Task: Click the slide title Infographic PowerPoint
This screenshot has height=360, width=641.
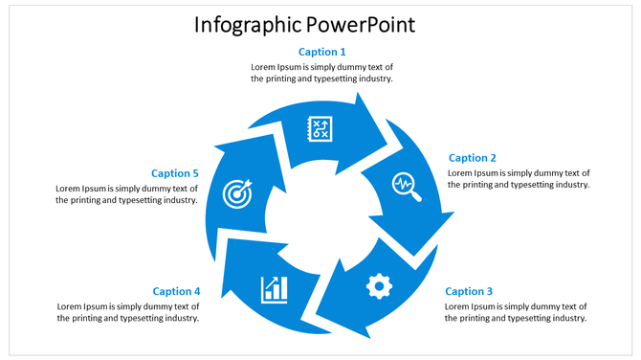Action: tap(304, 24)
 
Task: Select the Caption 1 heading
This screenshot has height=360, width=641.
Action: tap(322, 52)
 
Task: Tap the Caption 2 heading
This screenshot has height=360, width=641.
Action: tap(473, 158)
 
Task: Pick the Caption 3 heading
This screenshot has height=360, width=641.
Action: tap(469, 291)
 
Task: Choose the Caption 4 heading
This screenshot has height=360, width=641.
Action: tap(176, 291)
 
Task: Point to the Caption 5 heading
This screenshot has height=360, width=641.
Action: tap(175, 173)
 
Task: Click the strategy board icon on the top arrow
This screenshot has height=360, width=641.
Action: tap(320, 128)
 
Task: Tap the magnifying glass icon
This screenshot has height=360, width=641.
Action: tap(407, 186)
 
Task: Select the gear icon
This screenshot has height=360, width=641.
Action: tap(380, 285)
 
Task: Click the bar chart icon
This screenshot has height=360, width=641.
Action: tap(275, 288)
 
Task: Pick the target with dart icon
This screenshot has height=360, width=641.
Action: tap(237, 193)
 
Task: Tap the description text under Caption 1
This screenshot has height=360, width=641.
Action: tap(322, 73)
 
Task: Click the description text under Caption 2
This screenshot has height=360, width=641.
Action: tap(519, 179)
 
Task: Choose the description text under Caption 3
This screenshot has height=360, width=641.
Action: tap(516, 312)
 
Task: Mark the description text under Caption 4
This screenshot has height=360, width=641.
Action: tap(128, 312)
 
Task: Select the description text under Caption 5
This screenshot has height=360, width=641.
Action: tap(127, 194)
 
